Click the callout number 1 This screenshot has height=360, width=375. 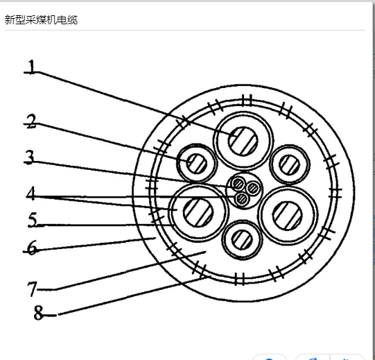[x=31, y=67]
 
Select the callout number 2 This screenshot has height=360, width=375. [x=31, y=121]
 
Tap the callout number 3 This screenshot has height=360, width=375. [x=30, y=157]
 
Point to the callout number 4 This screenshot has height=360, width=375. [x=31, y=193]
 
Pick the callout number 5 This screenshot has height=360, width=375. [x=33, y=219]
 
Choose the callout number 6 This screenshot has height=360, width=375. [x=33, y=248]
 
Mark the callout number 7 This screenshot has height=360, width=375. [x=33, y=289]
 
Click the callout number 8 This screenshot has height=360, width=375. [x=39, y=313]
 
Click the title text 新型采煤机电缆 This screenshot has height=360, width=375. [x=41, y=19]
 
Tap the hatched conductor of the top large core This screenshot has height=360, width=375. [x=243, y=142]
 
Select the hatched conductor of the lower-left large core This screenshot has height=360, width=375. [x=198, y=212]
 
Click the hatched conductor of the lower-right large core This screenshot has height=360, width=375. [x=288, y=216]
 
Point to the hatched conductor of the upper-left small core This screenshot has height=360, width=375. [x=197, y=164]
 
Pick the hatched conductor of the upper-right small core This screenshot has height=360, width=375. [x=289, y=164]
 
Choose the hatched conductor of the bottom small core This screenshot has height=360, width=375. [x=242, y=239]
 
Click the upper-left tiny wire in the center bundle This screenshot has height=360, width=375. [x=238, y=185]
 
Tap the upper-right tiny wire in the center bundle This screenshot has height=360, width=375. [x=253, y=188]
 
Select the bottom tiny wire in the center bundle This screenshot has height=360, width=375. [x=242, y=198]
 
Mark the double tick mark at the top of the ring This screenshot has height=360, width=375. [x=247, y=101]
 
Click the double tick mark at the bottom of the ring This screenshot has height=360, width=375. [x=239, y=279]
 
